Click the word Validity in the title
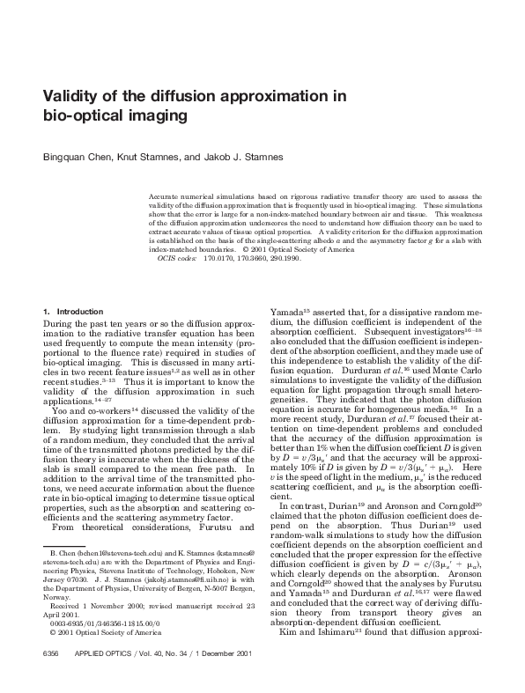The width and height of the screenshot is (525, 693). point(73,97)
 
